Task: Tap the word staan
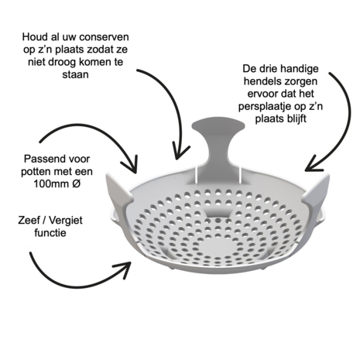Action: tap(75, 74)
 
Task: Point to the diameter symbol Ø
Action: tap(76, 184)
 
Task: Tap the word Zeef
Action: tap(28, 221)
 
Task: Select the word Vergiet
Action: tap(66, 221)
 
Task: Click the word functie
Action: tap(50, 233)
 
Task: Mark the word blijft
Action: tap(296, 119)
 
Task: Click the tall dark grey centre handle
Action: tap(218, 145)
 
